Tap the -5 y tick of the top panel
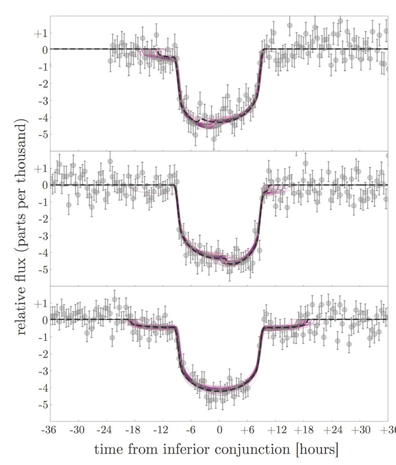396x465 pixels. click(x=41, y=134)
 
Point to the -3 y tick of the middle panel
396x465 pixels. click(x=41, y=236)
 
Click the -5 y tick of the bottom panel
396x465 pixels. click(x=41, y=405)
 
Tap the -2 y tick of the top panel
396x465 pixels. click(x=41, y=83)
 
